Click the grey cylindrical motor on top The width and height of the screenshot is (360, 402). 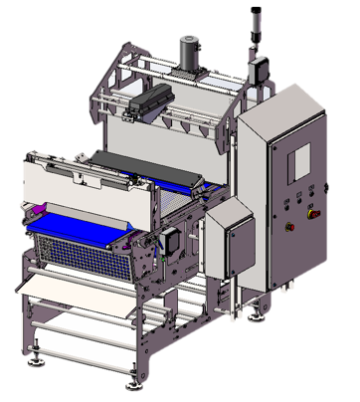tap(187, 52)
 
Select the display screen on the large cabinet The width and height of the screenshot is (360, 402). tap(299, 159)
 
